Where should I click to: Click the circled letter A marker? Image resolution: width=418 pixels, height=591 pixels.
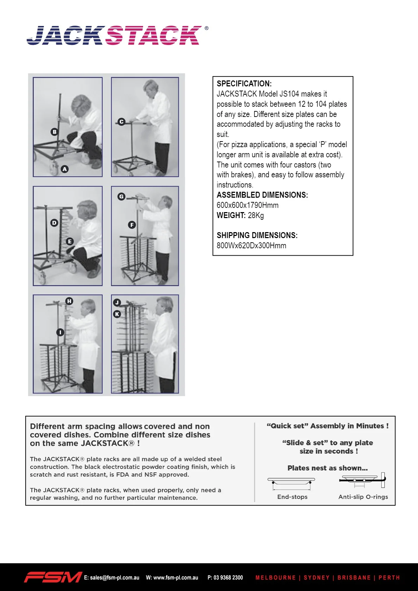65,169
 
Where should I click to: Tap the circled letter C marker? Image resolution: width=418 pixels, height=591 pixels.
122,122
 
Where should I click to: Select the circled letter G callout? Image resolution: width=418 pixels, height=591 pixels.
121,196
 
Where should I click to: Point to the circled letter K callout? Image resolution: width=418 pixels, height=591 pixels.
117,314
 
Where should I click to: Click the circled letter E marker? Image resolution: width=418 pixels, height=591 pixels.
70,241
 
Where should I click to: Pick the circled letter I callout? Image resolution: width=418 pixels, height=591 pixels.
60,332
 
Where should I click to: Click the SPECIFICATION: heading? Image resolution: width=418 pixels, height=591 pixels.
244,84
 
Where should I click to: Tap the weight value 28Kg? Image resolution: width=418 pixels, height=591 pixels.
256,215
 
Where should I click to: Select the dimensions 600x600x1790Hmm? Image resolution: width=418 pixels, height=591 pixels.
248,205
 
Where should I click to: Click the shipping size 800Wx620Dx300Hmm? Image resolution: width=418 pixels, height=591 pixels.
251,245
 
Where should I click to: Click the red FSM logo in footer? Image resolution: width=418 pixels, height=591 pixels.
53,577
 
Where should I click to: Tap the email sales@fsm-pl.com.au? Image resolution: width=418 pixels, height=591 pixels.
112,578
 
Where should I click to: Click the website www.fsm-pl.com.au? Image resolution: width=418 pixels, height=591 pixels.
172,578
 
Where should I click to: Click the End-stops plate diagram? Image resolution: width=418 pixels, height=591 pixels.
291,484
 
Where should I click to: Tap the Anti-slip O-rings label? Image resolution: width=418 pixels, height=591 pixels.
363,497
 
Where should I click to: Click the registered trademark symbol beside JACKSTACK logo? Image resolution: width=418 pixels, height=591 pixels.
206,28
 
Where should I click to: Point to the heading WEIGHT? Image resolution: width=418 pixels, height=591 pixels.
231,215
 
